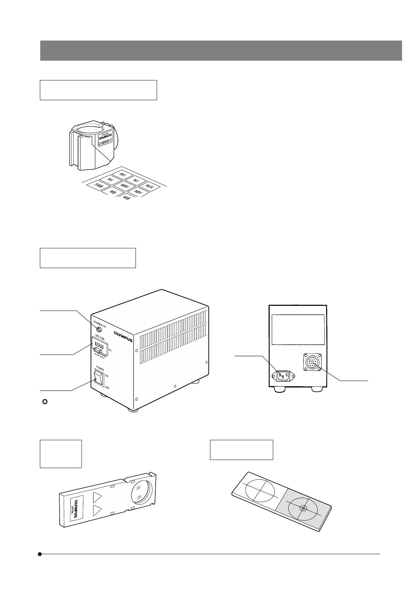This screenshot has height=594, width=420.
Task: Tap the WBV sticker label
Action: tap(125, 186)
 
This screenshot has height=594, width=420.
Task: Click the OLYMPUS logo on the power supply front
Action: tap(123, 337)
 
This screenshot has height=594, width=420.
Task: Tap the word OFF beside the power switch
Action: tap(107, 387)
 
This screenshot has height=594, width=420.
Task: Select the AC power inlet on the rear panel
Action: tap(283, 376)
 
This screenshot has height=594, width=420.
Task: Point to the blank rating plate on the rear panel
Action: tap(298, 329)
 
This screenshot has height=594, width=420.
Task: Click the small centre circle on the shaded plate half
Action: tap(302, 508)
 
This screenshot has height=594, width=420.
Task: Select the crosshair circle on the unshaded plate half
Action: tap(260, 491)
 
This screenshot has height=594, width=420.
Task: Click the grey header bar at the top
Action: tap(221, 50)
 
